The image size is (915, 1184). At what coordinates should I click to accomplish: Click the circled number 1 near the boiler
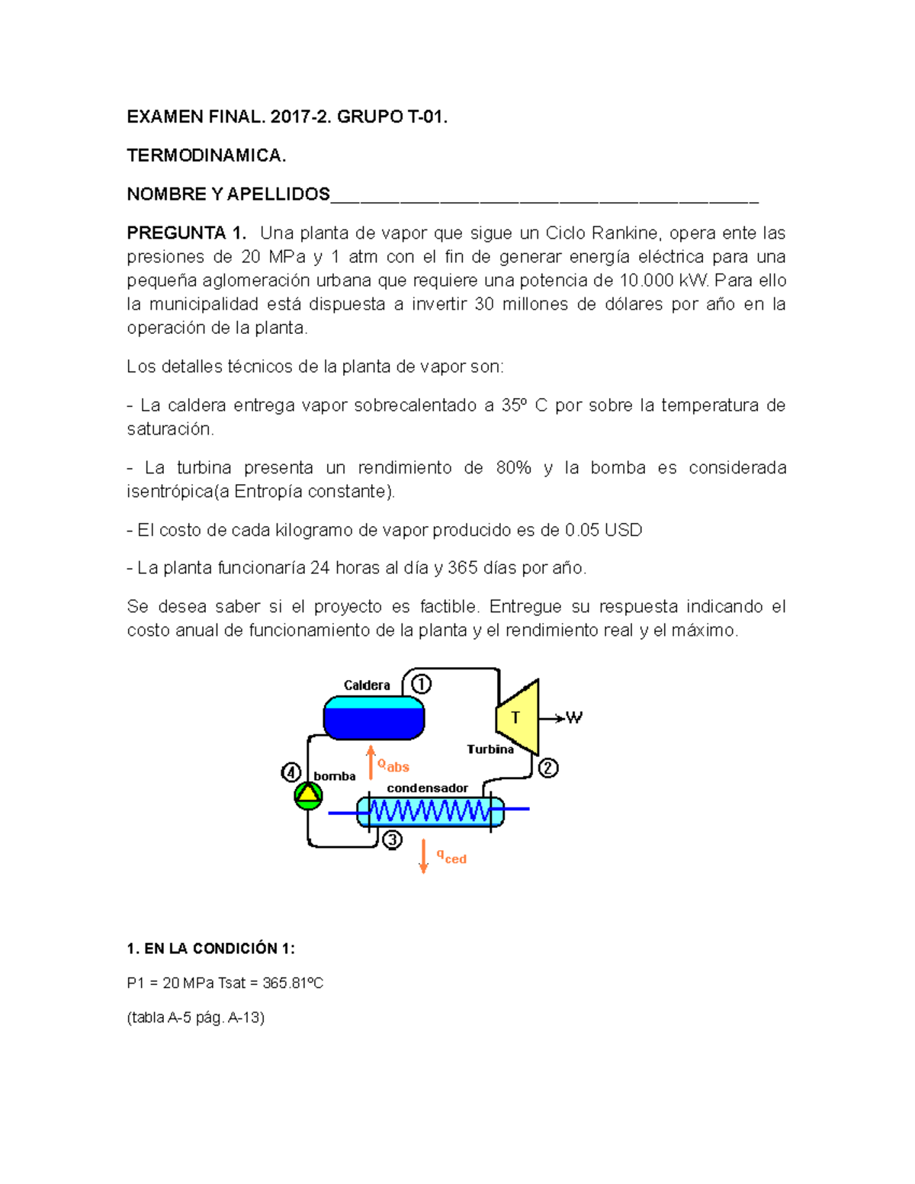click(x=421, y=683)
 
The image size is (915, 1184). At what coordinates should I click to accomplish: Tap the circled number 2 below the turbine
click(x=548, y=768)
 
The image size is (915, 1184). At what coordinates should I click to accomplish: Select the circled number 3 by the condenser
click(x=392, y=840)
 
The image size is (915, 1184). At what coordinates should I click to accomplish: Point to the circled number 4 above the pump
click(x=291, y=772)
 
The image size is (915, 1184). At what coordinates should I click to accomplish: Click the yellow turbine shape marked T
click(x=518, y=717)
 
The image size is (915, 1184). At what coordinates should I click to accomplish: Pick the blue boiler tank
click(x=374, y=718)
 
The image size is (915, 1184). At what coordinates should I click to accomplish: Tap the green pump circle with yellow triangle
click(x=308, y=795)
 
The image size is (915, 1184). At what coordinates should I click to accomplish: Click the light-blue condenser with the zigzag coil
click(x=431, y=811)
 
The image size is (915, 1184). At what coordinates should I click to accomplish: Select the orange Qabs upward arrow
click(x=371, y=762)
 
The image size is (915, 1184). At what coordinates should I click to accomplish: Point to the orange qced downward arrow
click(x=424, y=856)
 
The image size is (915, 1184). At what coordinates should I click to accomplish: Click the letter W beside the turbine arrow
click(x=574, y=717)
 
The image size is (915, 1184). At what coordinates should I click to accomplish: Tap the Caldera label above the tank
click(x=367, y=685)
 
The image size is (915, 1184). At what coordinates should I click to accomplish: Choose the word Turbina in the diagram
click(x=490, y=749)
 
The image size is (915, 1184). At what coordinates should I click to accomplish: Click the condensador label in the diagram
click(x=427, y=788)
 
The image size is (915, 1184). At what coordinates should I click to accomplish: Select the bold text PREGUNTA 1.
click(x=187, y=233)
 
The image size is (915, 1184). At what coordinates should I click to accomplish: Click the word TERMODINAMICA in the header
click(x=206, y=156)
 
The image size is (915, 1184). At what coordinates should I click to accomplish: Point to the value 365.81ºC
click(x=293, y=983)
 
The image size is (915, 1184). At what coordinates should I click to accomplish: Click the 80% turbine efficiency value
click(x=513, y=467)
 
